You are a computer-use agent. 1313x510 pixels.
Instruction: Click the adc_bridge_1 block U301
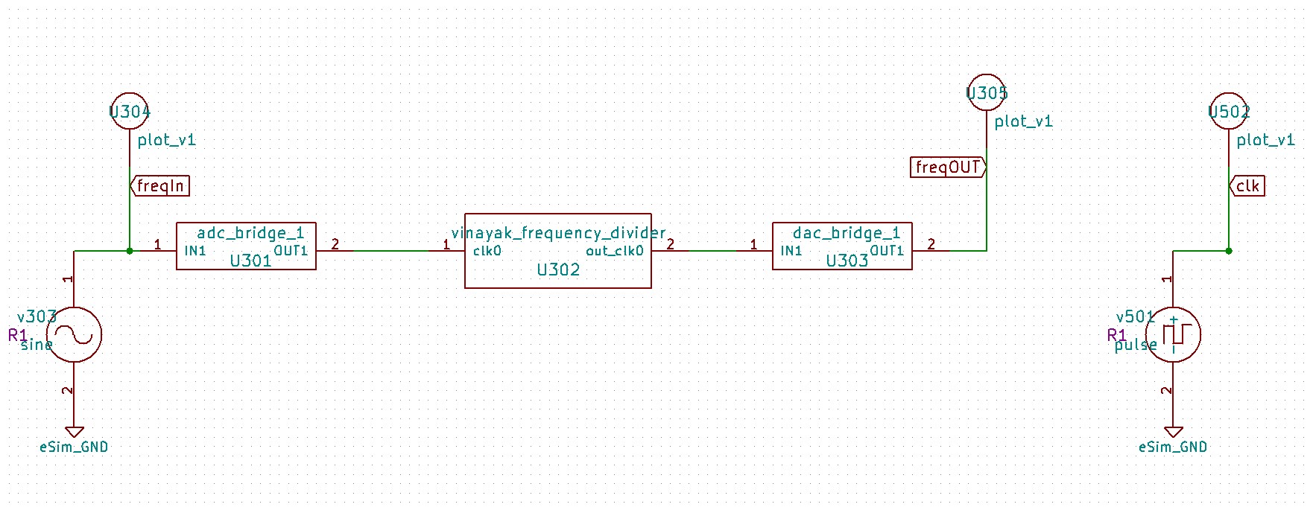pos(246,246)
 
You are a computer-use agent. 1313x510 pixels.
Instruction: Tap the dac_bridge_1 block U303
pos(842,246)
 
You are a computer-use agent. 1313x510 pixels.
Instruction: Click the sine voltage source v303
pos(74,334)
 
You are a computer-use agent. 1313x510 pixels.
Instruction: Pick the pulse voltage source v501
pos(1173,334)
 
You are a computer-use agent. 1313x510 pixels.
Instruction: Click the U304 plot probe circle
pos(130,112)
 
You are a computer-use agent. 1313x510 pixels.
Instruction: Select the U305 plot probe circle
pos(987,93)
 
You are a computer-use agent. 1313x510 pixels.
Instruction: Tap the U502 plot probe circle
pos(1229,112)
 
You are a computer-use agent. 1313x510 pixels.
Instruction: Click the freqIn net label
pos(161,186)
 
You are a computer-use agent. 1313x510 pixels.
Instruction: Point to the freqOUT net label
pos(947,168)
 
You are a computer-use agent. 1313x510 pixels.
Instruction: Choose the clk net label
pos(1247,186)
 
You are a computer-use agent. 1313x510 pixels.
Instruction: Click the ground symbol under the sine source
pos(74,432)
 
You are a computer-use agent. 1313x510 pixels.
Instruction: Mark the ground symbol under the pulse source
pos(1173,432)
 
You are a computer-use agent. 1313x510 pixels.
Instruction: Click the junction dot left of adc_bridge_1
pos(130,251)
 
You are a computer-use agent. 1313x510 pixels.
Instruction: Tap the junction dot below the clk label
pos(1229,251)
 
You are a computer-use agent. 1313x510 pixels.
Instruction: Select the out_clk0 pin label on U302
pos(614,251)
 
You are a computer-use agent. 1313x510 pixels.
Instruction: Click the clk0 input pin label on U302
pos(487,251)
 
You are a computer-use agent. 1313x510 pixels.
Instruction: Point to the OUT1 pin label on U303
pos(887,251)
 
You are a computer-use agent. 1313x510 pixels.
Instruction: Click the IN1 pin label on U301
pos(195,251)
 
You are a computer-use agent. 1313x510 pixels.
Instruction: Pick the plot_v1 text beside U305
pos(1024,121)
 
